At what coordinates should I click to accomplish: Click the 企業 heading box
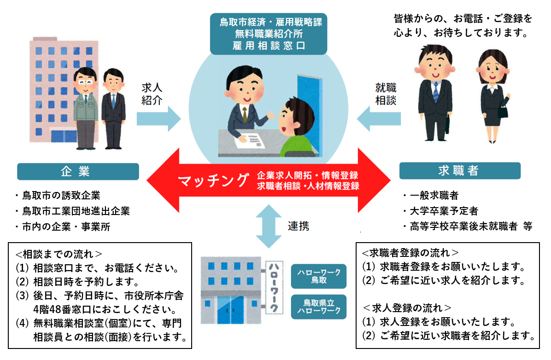click(x=77, y=171)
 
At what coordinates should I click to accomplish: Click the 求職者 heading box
click(x=459, y=171)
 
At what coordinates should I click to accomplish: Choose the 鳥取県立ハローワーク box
click(x=318, y=307)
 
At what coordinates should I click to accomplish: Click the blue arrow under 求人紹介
click(x=158, y=118)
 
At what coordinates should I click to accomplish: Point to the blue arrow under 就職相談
click(x=379, y=118)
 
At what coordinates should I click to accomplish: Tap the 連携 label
click(x=299, y=226)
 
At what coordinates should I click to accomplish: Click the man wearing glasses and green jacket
click(x=86, y=108)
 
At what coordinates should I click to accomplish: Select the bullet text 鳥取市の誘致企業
click(x=60, y=196)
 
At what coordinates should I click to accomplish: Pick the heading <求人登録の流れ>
click(x=407, y=308)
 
